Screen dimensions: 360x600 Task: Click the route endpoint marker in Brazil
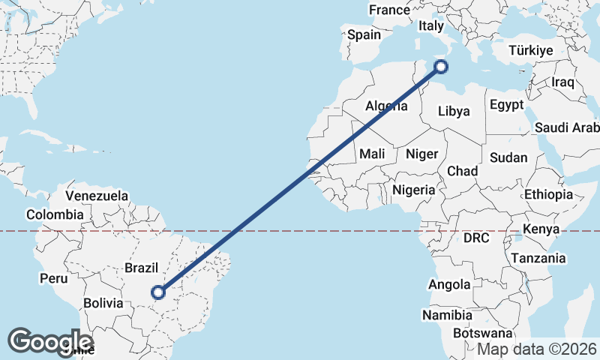158,292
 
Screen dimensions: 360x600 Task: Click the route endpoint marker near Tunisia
441,67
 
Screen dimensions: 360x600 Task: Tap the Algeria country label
386,106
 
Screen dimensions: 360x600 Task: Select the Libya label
453,111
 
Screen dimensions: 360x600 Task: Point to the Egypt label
507,105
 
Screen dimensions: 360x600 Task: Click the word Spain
364,34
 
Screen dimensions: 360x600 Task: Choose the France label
389,10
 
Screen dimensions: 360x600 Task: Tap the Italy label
431,25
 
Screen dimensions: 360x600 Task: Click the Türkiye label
530,50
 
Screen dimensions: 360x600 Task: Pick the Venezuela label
97,196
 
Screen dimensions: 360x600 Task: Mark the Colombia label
55,214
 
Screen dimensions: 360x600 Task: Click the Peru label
54,278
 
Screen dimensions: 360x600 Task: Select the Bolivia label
103,303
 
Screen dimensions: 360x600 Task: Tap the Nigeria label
413,190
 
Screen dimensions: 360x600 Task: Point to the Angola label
449,284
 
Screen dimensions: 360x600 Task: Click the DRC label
475,238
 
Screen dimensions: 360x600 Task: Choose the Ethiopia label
548,194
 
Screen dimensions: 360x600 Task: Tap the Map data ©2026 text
537,349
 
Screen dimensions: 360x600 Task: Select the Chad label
462,172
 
